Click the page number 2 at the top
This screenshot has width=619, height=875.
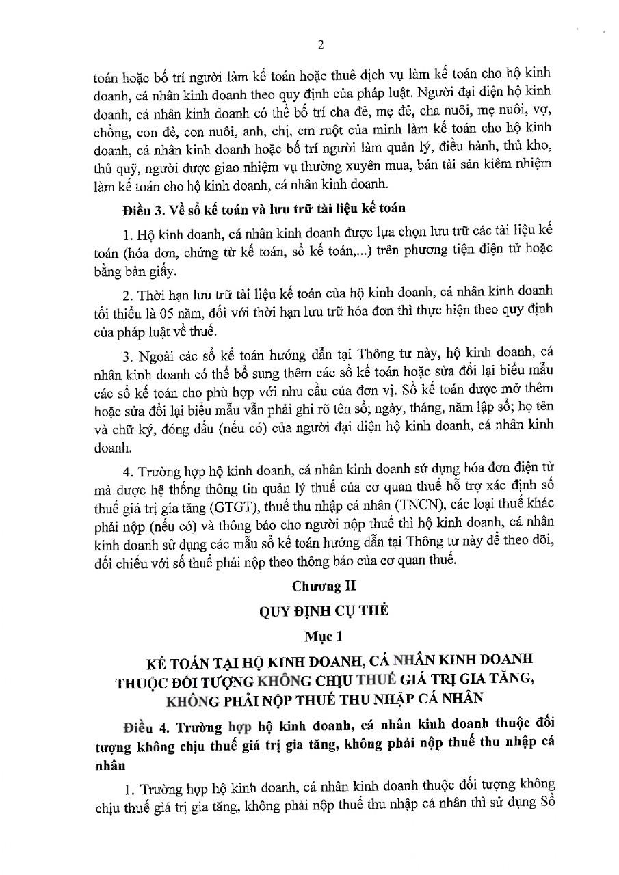coord(320,45)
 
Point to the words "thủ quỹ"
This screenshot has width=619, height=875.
coord(112,165)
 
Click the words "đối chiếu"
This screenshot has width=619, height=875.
coord(118,561)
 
